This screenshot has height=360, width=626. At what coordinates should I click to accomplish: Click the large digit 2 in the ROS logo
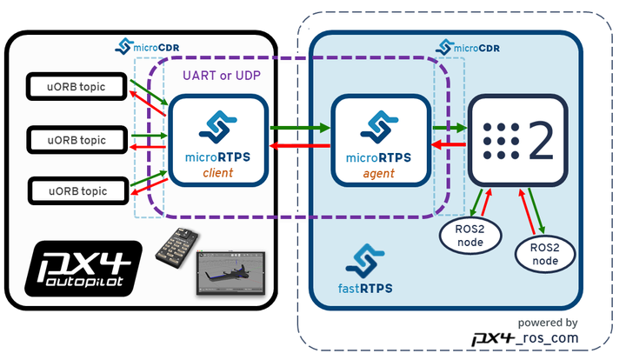click(540, 140)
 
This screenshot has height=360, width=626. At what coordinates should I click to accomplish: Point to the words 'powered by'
click(548, 321)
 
